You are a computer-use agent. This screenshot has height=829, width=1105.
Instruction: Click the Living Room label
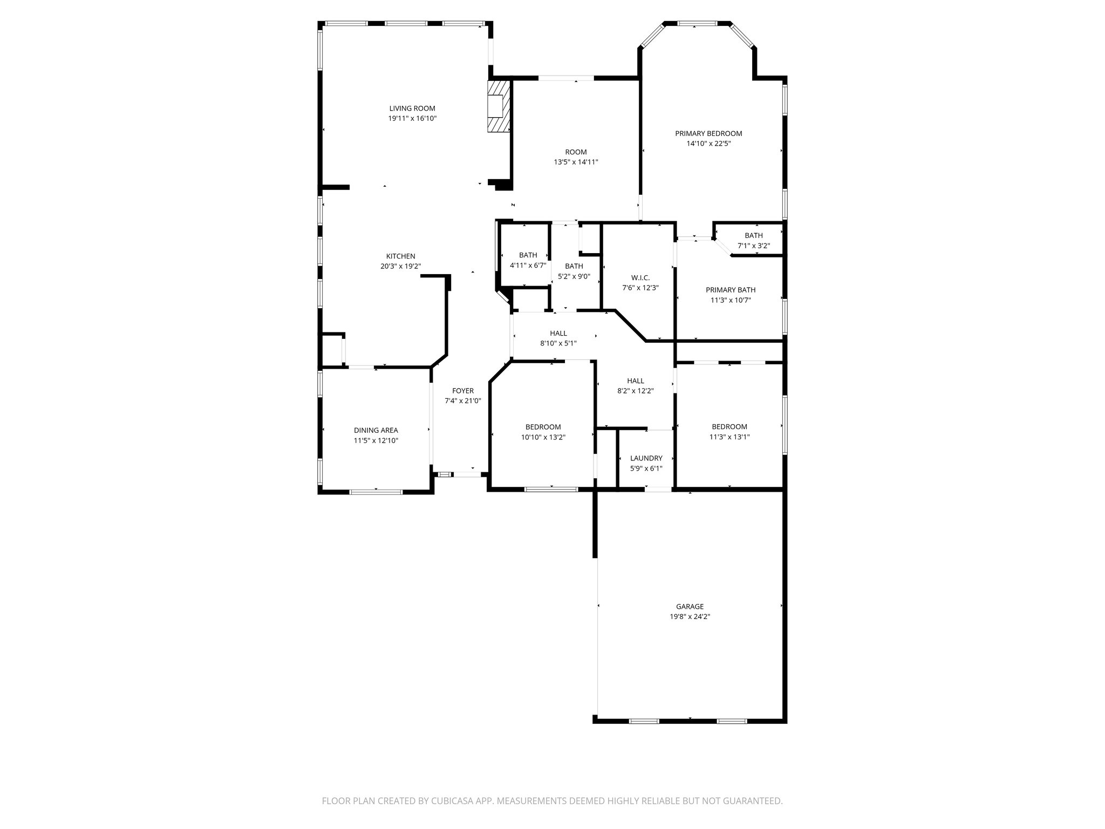(412, 108)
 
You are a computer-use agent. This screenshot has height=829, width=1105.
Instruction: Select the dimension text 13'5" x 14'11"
(576, 162)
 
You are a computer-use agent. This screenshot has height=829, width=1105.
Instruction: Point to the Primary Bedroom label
(708, 133)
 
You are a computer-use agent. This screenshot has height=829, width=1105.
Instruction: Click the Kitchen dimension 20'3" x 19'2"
(400, 266)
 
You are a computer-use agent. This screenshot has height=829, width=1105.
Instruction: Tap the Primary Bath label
(731, 290)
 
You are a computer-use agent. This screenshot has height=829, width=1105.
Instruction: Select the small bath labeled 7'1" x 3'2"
(754, 240)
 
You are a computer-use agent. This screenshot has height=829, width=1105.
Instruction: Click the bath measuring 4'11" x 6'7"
(528, 260)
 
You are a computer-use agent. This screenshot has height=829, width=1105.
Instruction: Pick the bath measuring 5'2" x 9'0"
(574, 271)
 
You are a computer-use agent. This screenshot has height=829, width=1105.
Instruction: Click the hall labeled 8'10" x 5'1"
(558, 338)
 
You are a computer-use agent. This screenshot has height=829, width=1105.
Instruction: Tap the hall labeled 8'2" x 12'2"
(636, 385)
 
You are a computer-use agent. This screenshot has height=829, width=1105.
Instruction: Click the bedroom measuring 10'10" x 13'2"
(543, 432)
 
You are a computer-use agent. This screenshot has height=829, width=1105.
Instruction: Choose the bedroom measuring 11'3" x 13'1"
(729, 432)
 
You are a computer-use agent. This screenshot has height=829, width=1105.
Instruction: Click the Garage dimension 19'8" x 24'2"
(690, 616)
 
